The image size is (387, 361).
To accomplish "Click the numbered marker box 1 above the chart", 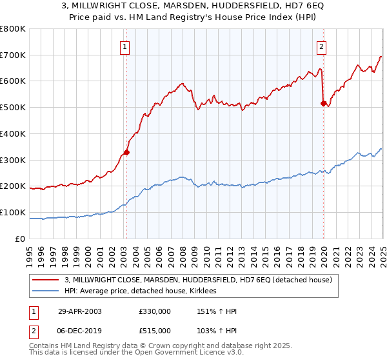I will point(124,46).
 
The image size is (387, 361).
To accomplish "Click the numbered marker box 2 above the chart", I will point(321,46).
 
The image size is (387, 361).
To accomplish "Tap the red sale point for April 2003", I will point(127,153).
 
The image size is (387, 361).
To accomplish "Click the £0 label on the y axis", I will point(21,239).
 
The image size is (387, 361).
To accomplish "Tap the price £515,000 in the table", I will point(154,330).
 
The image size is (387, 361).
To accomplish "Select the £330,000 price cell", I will point(154,311).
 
